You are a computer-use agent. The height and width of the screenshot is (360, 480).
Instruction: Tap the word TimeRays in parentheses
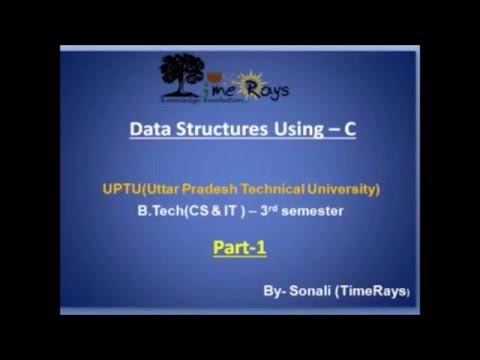(378, 290)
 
